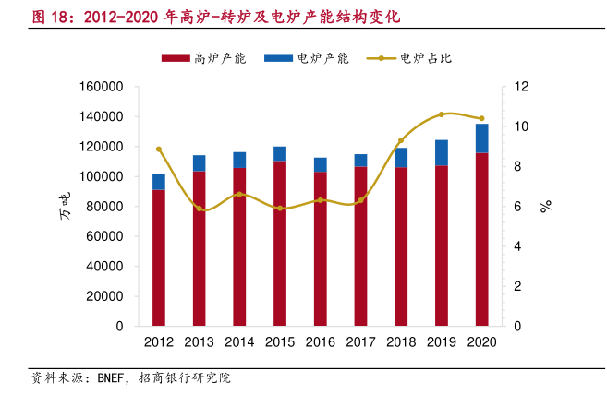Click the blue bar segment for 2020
pos(482,138)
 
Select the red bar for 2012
pos(159,257)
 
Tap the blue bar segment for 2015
pos(280,154)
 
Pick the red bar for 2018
pos(401,246)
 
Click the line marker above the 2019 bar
pos(442,114)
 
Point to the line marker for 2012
pos(159,149)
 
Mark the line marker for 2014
pos(239,195)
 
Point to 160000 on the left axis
pos(103,87)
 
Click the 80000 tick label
pos(106,207)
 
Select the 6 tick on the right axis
pos(517,207)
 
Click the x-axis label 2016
pos(321,342)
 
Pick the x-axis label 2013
pos(199,342)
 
